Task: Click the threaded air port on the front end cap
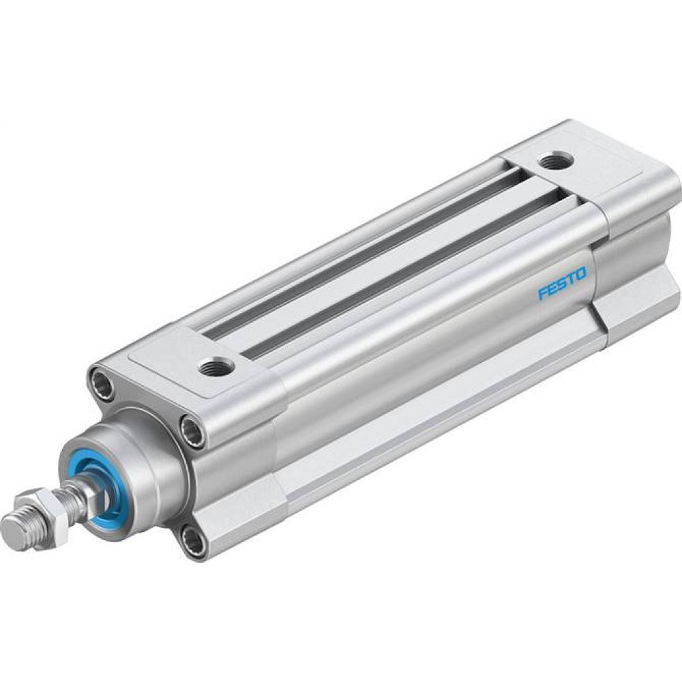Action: pyautogui.click(x=218, y=368)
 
